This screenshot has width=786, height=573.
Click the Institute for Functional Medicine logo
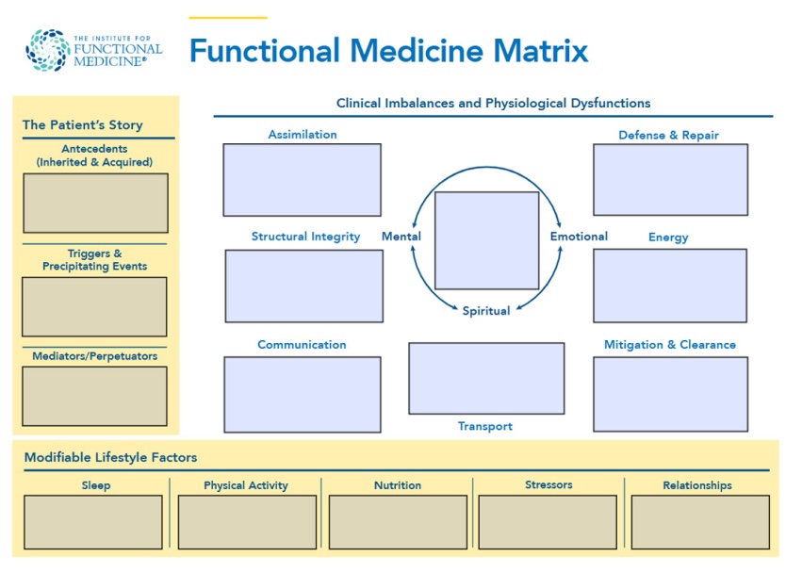[x=94, y=49]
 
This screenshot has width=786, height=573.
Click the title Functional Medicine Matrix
[x=388, y=50]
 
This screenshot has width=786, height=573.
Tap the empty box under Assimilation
[x=302, y=179]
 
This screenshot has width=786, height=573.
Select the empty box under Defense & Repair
[x=670, y=179]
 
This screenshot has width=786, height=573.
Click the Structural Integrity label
[x=305, y=237]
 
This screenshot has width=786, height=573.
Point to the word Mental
[x=401, y=237]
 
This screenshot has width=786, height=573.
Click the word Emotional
[x=579, y=237]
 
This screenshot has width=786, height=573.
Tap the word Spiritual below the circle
[x=486, y=311]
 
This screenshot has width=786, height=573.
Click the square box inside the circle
[x=486, y=240]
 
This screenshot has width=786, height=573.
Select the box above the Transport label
[x=486, y=378]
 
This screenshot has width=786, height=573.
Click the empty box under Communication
[x=302, y=394]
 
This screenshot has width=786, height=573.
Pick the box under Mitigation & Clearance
[x=670, y=394]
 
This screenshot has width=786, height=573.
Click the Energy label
[x=668, y=237]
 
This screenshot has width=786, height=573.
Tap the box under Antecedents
[x=95, y=203]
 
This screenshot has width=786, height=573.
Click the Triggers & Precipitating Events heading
[x=94, y=260]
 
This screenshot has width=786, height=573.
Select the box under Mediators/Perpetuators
[x=94, y=396]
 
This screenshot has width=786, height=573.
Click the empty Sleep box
[x=92, y=522]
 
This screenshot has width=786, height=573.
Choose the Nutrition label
[x=398, y=485]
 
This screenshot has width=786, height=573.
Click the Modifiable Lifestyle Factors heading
[x=111, y=458]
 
